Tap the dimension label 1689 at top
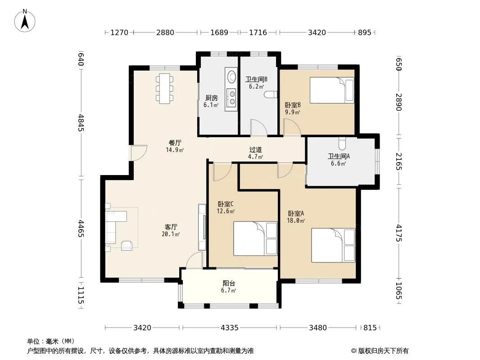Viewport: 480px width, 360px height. tap(219, 32)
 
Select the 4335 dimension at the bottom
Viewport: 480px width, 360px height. tap(230, 328)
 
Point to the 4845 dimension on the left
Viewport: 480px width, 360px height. tap(81, 123)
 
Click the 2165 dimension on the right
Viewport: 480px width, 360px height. tap(398, 162)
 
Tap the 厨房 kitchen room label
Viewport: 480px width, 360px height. tap(212, 98)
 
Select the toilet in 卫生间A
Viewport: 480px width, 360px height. tap(342, 144)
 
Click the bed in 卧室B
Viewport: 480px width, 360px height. tap(332, 90)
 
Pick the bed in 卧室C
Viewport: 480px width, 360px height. tap(255, 238)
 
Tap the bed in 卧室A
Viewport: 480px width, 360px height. tap(333, 245)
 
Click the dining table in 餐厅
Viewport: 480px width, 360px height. tap(165, 89)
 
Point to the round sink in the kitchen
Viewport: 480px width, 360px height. tap(231, 75)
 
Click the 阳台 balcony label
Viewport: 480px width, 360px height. tap(229, 283)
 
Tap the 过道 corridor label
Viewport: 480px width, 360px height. tap(255, 149)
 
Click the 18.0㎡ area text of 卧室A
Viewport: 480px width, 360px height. tap(296, 220)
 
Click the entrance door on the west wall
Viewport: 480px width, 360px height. tap(139, 153)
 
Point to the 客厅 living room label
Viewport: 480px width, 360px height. tap(171, 227)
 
